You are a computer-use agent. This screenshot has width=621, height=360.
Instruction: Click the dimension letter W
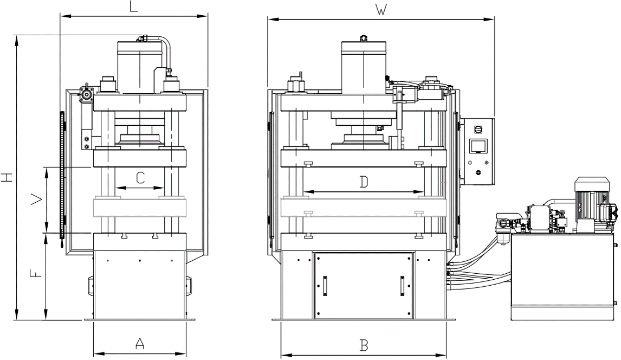point(381,10)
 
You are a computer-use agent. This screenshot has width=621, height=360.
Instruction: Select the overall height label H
point(7,177)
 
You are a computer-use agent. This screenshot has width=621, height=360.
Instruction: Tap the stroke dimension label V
point(36,201)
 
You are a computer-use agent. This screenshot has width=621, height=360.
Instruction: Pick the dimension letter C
point(140,177)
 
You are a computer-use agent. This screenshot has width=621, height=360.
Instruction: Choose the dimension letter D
point(364,182)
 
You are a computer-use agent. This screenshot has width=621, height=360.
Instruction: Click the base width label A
point(140,343)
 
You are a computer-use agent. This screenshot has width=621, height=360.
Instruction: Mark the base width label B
point(364,345)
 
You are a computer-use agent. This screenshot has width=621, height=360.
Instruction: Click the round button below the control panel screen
point(478,172)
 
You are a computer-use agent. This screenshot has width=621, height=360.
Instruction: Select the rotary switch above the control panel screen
point(478,128)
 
